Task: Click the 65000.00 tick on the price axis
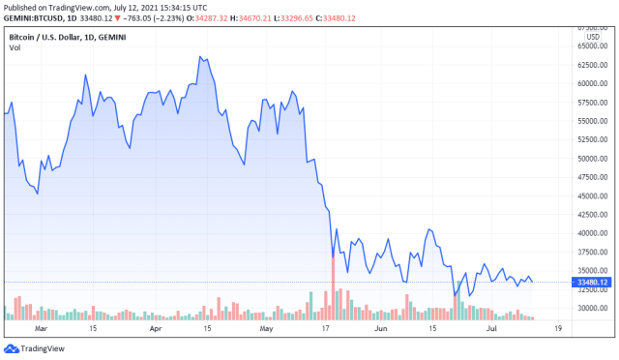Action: pos(591,45)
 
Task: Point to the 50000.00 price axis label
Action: pos(591,158)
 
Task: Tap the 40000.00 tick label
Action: pos(591,233)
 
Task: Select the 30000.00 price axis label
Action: pos(591,308)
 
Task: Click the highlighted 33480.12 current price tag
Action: pos(591,283)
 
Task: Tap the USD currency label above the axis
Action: pos(593,37)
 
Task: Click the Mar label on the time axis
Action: pos(41,329)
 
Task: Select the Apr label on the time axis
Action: pos(155,329)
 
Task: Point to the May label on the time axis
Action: pos(267,329)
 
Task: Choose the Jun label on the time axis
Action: pos(382,329)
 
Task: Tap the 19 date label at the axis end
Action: pos(559,329)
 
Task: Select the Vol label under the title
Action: pos(15,46)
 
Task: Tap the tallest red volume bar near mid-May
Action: pos(333,287)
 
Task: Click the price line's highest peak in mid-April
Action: pos(200,57)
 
